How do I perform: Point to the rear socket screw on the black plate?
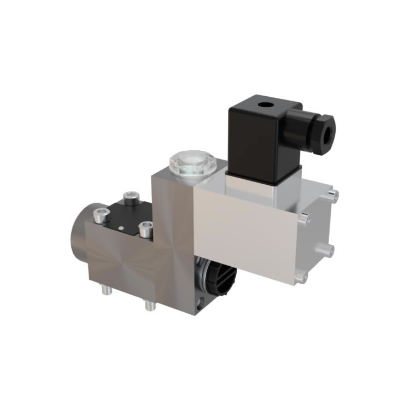(130, 197)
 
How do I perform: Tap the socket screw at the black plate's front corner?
(145, 229)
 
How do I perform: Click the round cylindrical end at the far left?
(77, 241)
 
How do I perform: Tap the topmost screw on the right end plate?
(334, 192)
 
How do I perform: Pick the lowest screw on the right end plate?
(298, 279)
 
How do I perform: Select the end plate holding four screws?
(317, 235)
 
